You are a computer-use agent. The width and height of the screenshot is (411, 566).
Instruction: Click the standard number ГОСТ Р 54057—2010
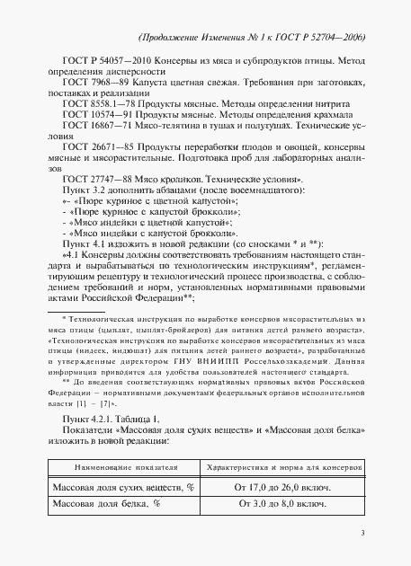pyautogui.click(x=101, y=59)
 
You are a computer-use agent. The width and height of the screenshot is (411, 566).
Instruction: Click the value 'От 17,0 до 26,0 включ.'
pyautogui.click(x=276, y=486)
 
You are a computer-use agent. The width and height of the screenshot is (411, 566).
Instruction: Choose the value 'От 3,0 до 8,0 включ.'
pyautogui.click(x=276, y=505)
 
